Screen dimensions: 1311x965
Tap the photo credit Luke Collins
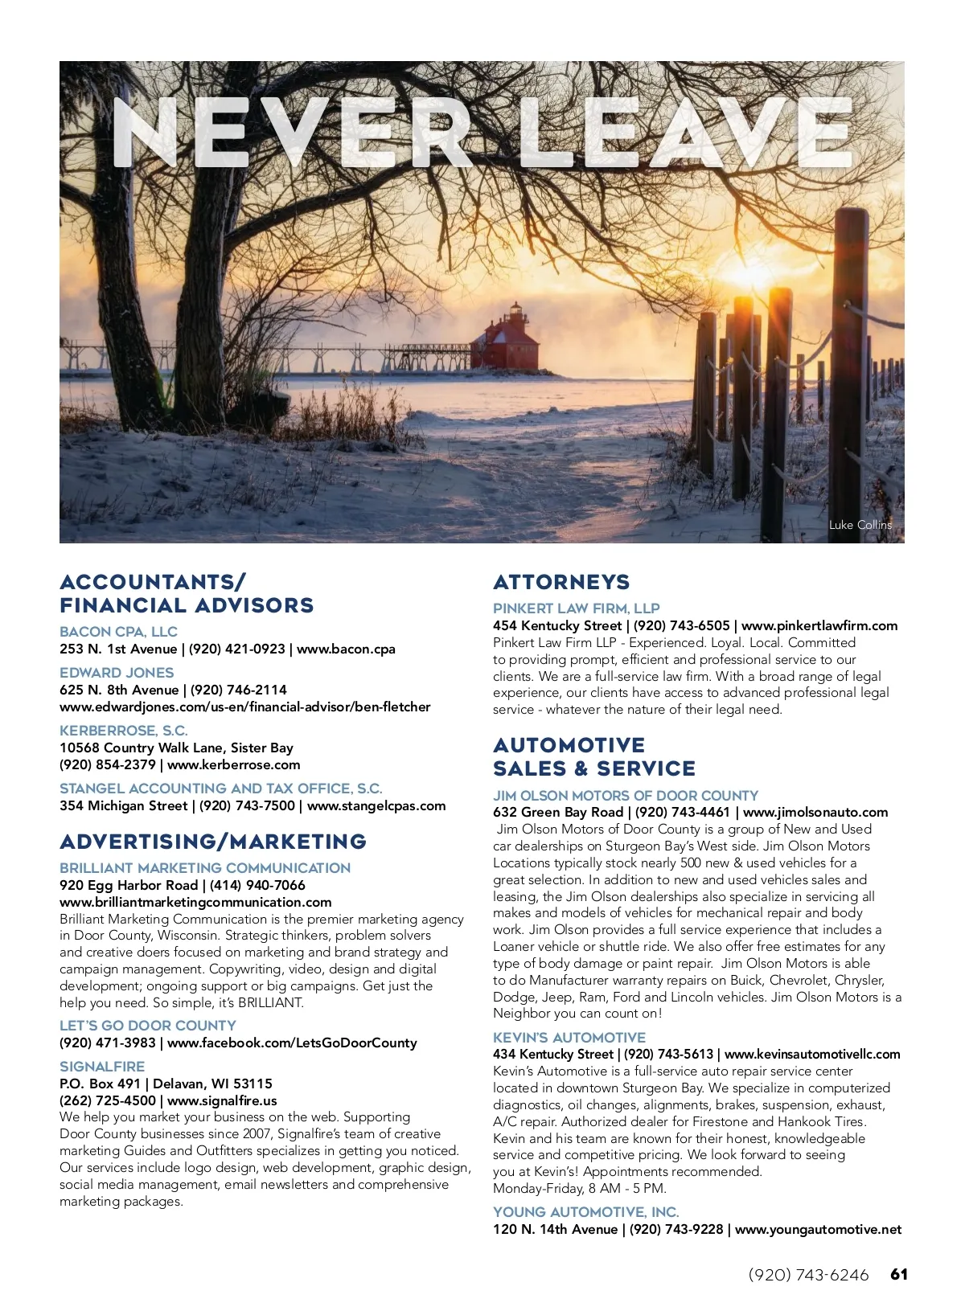coord(860,525)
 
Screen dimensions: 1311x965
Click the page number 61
coord(899,1275)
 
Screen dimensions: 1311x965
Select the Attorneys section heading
coord(561,582)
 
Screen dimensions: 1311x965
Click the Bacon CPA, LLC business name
coord(118,632)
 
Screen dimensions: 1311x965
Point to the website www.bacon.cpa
coord(346,649)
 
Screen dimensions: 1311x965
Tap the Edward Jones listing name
coord(117,673)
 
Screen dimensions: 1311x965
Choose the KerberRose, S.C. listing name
coord(124,731)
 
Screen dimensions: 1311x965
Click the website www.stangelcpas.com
coord(376,805)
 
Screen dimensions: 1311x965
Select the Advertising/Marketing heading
coord(213,842)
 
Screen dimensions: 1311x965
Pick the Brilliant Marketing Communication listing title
coord(205,868)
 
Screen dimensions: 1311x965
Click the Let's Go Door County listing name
coord(148,1026)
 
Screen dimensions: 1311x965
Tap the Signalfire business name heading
coord(102,1067)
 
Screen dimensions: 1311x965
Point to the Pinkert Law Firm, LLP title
coord(576,608)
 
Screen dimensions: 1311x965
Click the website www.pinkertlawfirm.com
coord(819,625)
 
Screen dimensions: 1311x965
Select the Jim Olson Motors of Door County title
coord(626,796)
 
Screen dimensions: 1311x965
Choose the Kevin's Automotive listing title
coord(569,1038)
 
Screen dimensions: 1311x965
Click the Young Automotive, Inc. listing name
coord(586,1212)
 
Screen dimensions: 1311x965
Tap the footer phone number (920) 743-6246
coord(808,1276)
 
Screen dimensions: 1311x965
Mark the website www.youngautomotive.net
coord(818,1229)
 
